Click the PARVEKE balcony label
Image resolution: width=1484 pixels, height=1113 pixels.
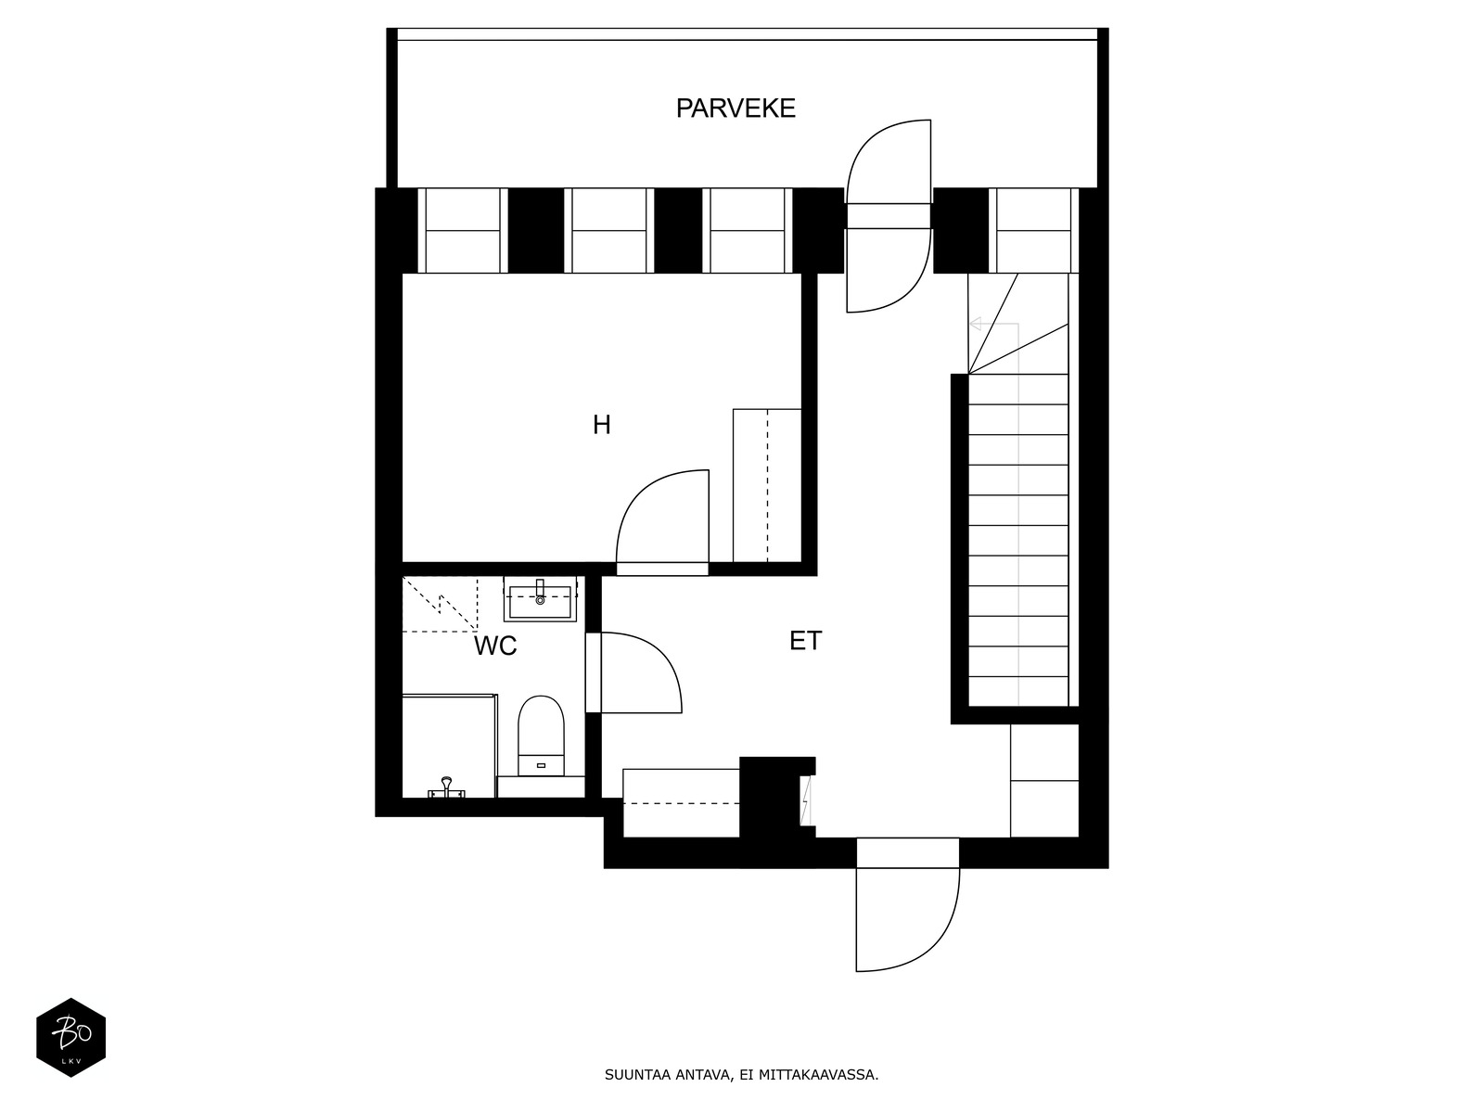[736, 109]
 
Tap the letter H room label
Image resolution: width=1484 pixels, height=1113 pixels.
[602, 425]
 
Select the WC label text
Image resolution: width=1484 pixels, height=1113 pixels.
[495, 646]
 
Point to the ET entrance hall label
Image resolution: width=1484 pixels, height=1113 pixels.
[805, 641]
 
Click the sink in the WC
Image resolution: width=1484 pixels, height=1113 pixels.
[540, 599]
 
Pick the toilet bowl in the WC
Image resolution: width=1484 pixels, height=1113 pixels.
[541, 736]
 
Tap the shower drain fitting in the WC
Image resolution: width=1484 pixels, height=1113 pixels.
[446, 788]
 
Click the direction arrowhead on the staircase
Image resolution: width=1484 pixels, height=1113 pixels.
[975, 325]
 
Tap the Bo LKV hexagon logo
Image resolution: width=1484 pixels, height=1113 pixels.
[71, 1037]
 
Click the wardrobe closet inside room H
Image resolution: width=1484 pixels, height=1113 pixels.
[767, 485]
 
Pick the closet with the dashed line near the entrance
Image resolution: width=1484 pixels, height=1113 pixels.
[681, 803]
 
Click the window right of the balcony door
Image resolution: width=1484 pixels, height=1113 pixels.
[1034, 230]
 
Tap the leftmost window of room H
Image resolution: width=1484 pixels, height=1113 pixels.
[463, 230]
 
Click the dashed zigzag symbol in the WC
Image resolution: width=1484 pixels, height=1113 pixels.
[441, 604]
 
